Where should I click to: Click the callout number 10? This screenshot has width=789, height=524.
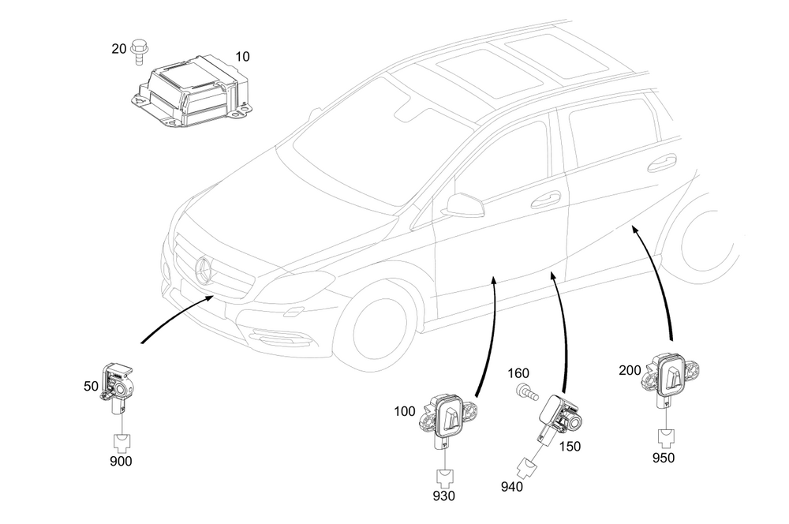(242, 56)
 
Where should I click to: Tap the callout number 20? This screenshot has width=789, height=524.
(119, 49)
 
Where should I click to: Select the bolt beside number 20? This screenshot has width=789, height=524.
(137, 52)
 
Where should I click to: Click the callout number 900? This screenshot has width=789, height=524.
(121, 461)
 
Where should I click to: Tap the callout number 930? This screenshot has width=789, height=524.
(443, 496)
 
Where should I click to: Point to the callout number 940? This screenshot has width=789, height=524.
(512, 487)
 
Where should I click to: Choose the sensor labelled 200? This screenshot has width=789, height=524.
(671, 376)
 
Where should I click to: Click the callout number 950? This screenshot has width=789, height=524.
(664, 458)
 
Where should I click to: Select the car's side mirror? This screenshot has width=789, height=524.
(462, 205)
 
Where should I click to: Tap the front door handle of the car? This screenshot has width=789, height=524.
(545, 199)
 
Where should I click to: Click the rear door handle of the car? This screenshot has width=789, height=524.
(662, 163)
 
